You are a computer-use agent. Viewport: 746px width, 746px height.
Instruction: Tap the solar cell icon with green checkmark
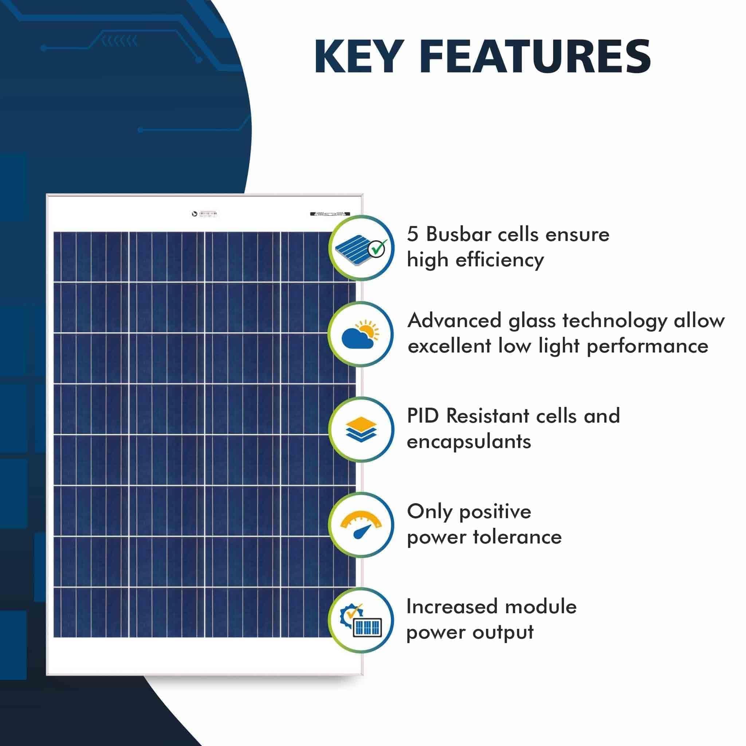click(361, 247)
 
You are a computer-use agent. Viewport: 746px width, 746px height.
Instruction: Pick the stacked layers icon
click(361, 429)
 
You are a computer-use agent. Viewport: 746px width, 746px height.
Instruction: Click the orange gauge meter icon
click(361, 525)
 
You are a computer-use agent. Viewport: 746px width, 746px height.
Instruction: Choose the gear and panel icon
click(361, 620)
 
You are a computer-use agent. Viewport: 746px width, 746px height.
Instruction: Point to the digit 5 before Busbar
click(413, 234)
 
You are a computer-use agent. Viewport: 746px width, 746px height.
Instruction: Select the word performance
click(647, 346)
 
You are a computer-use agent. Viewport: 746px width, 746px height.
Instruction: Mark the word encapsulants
click(469, 441)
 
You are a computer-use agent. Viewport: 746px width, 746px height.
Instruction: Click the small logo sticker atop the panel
click(205, 213)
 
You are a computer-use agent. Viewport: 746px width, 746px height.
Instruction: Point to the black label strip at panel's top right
click(330, 213)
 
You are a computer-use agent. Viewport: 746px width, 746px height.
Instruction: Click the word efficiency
click(499, 260)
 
